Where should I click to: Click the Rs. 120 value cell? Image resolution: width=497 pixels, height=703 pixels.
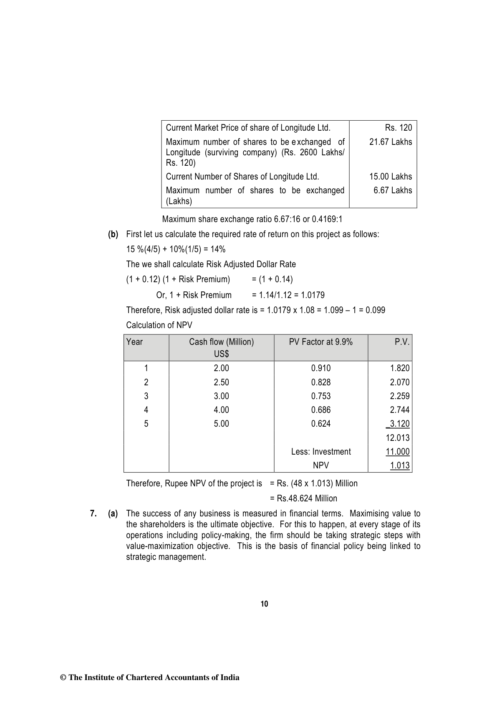(x=398, y=128)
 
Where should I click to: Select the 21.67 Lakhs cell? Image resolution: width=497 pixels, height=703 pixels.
(x=390, y=142)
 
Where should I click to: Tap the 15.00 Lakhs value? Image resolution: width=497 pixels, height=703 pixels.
(x=390, y=177)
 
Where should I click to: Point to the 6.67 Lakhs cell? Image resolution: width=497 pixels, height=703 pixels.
(x=392, y=190)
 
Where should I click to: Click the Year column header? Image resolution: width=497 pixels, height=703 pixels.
(x=134, y=342)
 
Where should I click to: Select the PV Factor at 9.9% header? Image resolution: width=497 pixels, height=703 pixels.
(x=320, y=342)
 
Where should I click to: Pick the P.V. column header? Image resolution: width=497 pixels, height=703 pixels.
(x=402, y=342)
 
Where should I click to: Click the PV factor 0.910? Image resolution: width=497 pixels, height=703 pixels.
(x=320, y=368)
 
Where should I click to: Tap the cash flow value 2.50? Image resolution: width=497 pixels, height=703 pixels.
(x=221, y=382)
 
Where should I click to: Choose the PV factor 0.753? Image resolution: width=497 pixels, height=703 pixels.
(x=320, y=396)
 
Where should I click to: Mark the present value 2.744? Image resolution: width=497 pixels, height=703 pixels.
(x=399, y=410)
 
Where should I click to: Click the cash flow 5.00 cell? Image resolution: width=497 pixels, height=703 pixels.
(x=221, y=424)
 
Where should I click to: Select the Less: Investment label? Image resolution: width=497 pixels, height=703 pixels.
(x=320, y=452)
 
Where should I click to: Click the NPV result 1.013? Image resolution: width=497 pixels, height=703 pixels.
(x=399, y=465)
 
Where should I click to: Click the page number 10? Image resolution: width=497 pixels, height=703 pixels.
(x=264, y=604)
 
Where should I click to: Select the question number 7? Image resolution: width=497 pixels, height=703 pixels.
(x=93, y=513)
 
